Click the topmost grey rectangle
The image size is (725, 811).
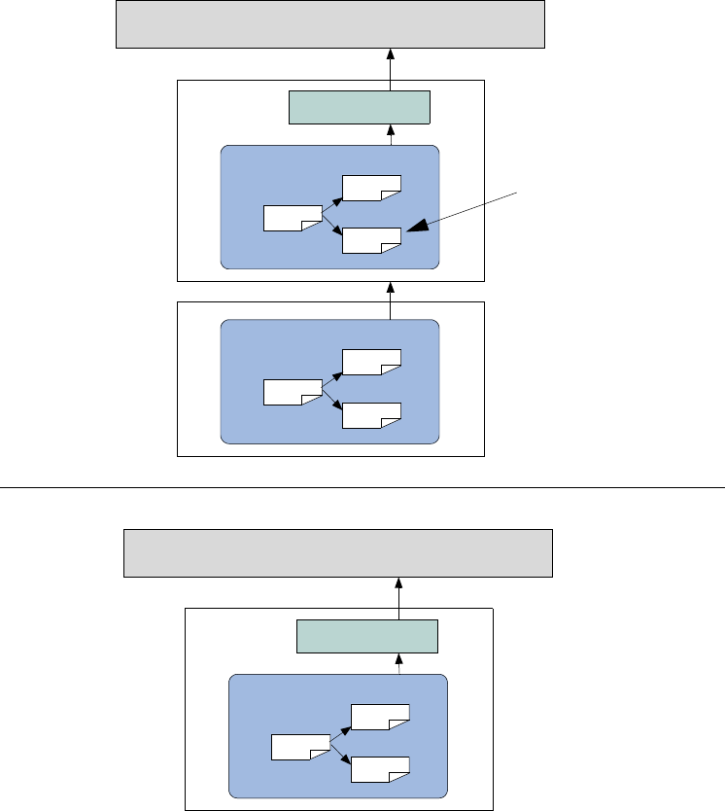329,24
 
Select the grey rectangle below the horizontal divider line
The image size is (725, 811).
338,553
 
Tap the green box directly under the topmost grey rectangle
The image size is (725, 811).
360,107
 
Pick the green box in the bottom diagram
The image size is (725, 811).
367,636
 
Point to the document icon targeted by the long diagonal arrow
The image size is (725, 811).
372,239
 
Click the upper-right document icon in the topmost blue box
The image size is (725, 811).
371,188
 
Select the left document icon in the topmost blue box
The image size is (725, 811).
293,218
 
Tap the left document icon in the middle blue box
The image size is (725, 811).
293,393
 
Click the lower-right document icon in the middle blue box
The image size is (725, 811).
371,415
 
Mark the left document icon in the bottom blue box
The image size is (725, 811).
300,747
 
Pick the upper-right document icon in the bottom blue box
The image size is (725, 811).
380,717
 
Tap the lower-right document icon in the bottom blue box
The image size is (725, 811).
380,768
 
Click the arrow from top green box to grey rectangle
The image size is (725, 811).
390,68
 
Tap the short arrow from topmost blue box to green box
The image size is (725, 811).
391,135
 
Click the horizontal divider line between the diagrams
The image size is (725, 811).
362,483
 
